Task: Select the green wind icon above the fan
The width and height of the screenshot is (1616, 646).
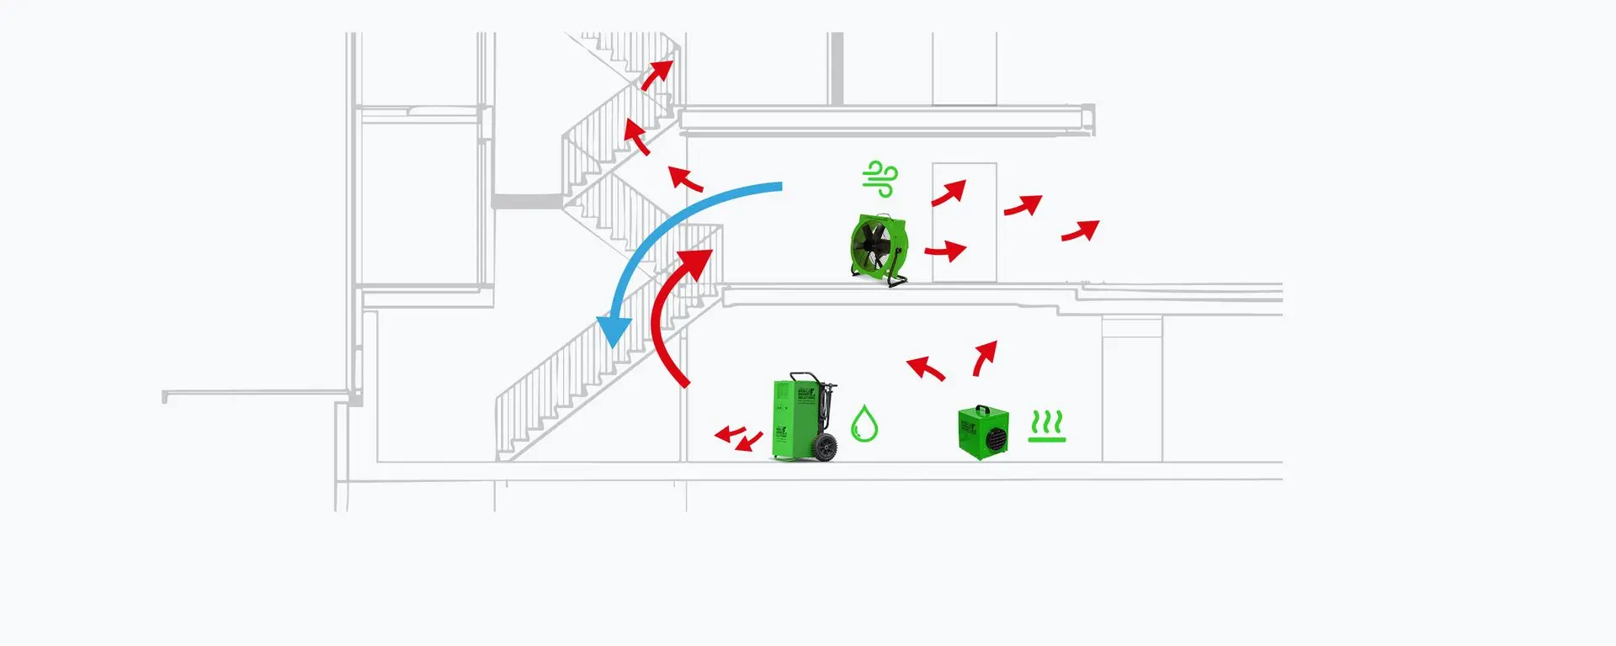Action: point(880,178)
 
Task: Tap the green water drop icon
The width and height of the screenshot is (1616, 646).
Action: point(864,424)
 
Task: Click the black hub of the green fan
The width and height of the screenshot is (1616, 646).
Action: point(872,246)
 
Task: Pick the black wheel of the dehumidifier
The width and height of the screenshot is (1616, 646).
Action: point(826,447)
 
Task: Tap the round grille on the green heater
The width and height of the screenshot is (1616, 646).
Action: point(997,438)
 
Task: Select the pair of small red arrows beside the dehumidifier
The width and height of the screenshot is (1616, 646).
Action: point(738,437)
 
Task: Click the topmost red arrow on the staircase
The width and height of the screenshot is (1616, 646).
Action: point(657,75)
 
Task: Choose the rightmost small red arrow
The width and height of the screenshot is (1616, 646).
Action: point(1080,230)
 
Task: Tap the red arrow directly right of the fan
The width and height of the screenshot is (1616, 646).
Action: point(946,251)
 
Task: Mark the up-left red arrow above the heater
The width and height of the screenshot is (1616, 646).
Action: point(926,368)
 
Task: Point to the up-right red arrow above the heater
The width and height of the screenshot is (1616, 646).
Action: point(985,357)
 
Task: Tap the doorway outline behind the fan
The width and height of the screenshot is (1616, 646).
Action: point(965,222)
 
